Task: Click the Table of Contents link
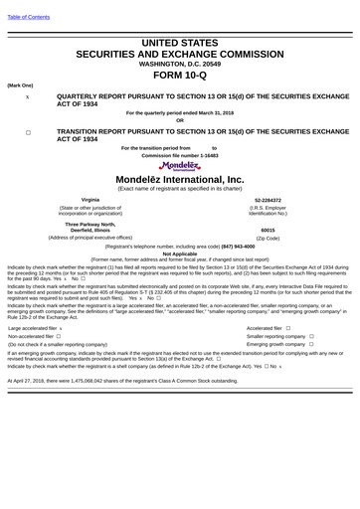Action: (27, 18)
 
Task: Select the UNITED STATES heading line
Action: (179, 44)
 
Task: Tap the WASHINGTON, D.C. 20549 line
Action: (179, 64)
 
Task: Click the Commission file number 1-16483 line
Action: (179, 155)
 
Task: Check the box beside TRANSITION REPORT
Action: (28, 130)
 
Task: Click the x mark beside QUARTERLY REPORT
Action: (28, 97)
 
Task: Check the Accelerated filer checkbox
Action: (287, 327)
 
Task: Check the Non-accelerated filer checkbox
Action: (59, 336)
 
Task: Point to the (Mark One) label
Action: (20, 85)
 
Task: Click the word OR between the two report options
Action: (179, 120)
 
